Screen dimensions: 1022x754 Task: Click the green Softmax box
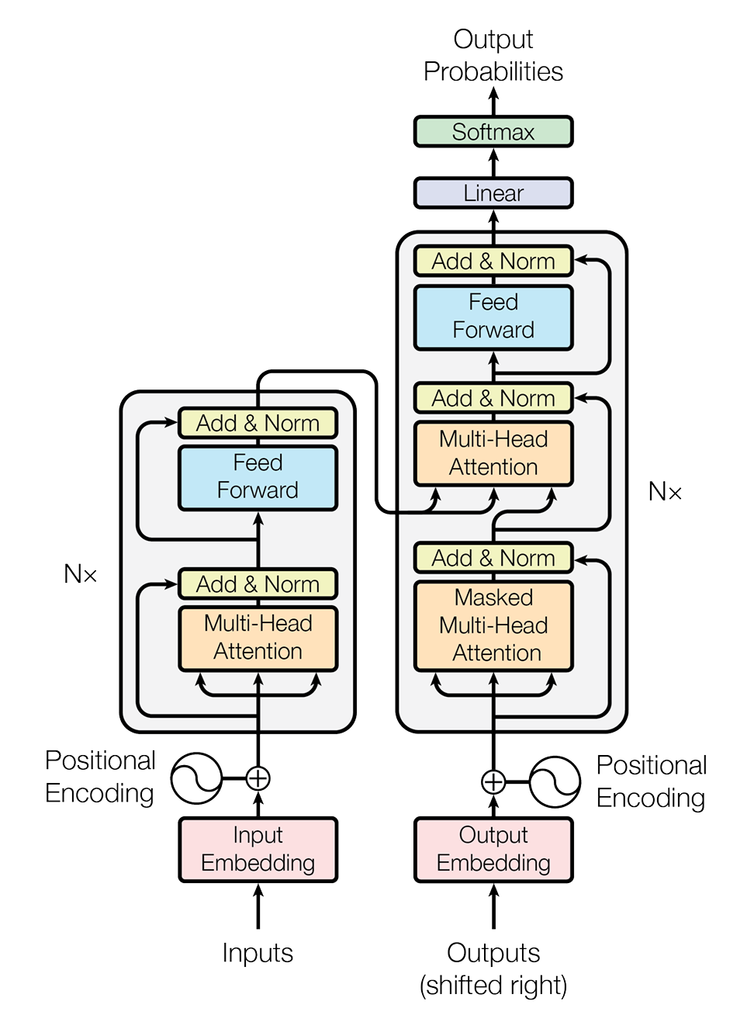point(493,132)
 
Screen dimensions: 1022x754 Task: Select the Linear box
point(493,193)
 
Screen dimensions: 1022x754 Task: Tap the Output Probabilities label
point(493,55)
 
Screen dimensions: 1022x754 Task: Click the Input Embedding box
point(258,850)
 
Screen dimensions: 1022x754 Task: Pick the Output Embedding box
point(493,850)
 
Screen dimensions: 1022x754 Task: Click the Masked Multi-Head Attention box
point(493,625)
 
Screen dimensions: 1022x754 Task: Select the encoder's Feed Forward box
point(258,476)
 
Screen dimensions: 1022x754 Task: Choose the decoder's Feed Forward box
point(493,317)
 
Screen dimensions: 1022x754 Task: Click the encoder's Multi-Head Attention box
point(258,638)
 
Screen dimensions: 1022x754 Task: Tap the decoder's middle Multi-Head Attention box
point(493,453)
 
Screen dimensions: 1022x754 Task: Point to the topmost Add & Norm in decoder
point(493,262)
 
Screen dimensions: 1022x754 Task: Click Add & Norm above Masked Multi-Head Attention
point(493,558)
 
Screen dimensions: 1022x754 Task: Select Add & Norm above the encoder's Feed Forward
point(258,424)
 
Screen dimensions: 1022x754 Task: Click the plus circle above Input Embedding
point(258,778)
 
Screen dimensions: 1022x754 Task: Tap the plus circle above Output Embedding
point(493,781)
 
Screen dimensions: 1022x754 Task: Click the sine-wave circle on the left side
point(196,778)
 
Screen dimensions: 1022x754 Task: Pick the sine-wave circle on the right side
point(555,781)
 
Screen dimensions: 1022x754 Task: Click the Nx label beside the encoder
point(81,574)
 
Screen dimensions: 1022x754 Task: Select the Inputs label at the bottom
point(258,953)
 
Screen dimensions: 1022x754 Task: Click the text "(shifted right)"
point(493,986)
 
